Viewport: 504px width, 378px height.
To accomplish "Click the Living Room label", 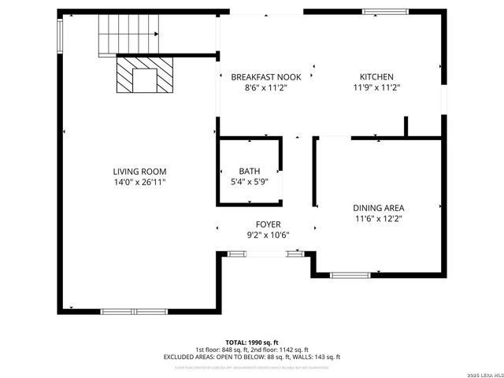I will click(139, 171).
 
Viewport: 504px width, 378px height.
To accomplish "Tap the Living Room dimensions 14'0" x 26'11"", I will click(139, 182).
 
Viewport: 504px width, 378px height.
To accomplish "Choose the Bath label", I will click(249, 171).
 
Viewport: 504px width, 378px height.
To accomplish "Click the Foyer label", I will click(268, 224).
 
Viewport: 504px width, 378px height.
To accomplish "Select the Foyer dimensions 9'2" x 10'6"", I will click(268, 235).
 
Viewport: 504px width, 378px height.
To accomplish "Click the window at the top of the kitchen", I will click(386, 11).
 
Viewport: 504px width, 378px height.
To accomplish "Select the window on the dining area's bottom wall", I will click(350, 275).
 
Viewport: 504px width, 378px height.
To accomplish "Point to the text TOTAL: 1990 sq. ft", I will click(252, 343).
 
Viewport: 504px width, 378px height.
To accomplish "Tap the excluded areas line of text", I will click(252, 357).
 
